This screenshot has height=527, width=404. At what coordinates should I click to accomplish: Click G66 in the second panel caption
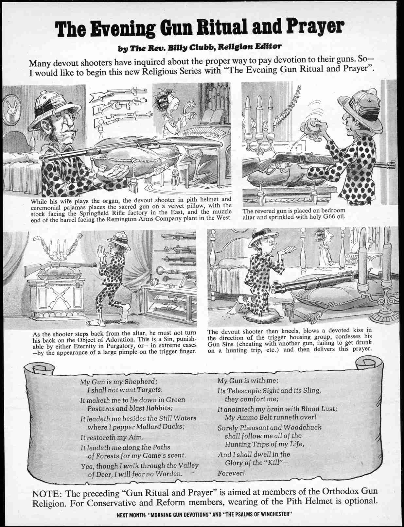pyautogui.click(x=323, y=217)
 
